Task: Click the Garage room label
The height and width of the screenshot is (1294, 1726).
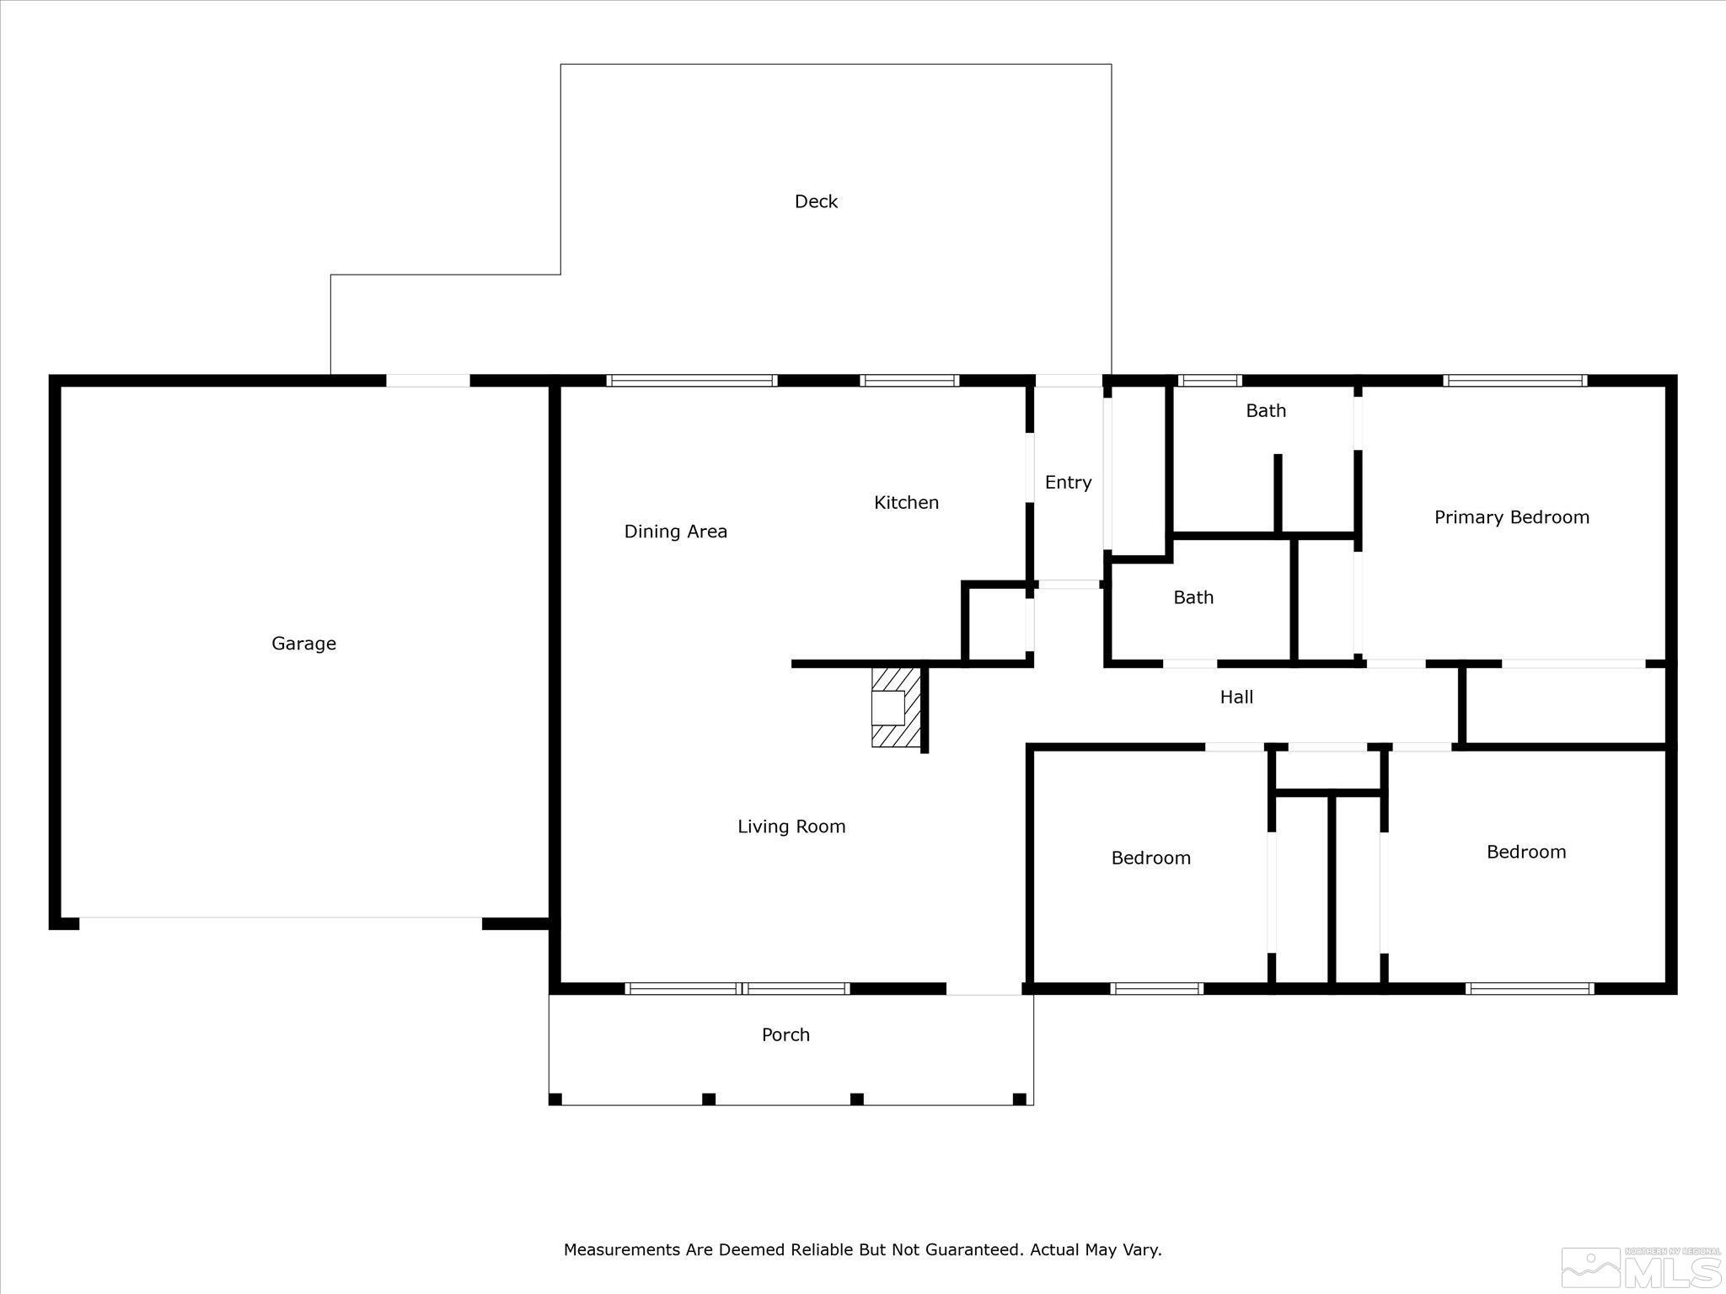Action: [x=303, y=644]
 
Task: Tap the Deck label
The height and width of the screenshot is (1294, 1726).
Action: [x=816, y=201]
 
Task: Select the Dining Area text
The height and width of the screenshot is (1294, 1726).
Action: [x=675, y=532]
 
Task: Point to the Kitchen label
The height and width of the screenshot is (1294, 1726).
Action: [x=906, y=503]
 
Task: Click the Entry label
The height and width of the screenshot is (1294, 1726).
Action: [x=1068, y=483]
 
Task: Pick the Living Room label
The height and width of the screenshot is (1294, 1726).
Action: [x=791, y=826]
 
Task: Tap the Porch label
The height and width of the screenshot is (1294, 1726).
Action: [x=785, y=1035]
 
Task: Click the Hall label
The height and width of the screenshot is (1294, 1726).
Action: [x=1236, y=697]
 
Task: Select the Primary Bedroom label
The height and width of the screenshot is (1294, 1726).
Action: [x=1512, y=517]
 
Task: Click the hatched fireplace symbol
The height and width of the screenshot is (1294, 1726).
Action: [x=896, y=708]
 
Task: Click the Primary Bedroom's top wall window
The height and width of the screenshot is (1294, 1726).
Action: [x=1515, y=381]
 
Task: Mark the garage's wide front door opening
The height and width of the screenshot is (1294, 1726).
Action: [x=281, y=922]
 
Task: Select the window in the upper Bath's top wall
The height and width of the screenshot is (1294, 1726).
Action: [x=1209, y=381]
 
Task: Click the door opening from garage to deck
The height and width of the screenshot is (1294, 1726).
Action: [x=428, y=381]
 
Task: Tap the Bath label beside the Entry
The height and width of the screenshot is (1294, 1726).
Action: [x=1193, y=597]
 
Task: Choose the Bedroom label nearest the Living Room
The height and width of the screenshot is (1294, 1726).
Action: [x=1150, y=858]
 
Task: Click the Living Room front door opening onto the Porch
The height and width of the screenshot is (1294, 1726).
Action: [x=984, y=988]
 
